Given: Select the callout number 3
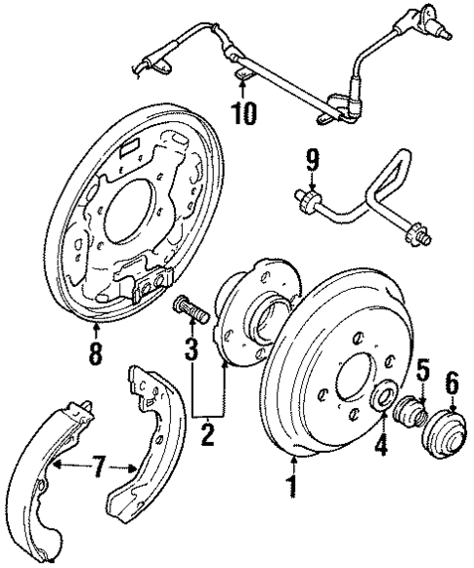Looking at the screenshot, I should [x=193, y=346].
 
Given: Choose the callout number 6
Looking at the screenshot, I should [x=452, y=384].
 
